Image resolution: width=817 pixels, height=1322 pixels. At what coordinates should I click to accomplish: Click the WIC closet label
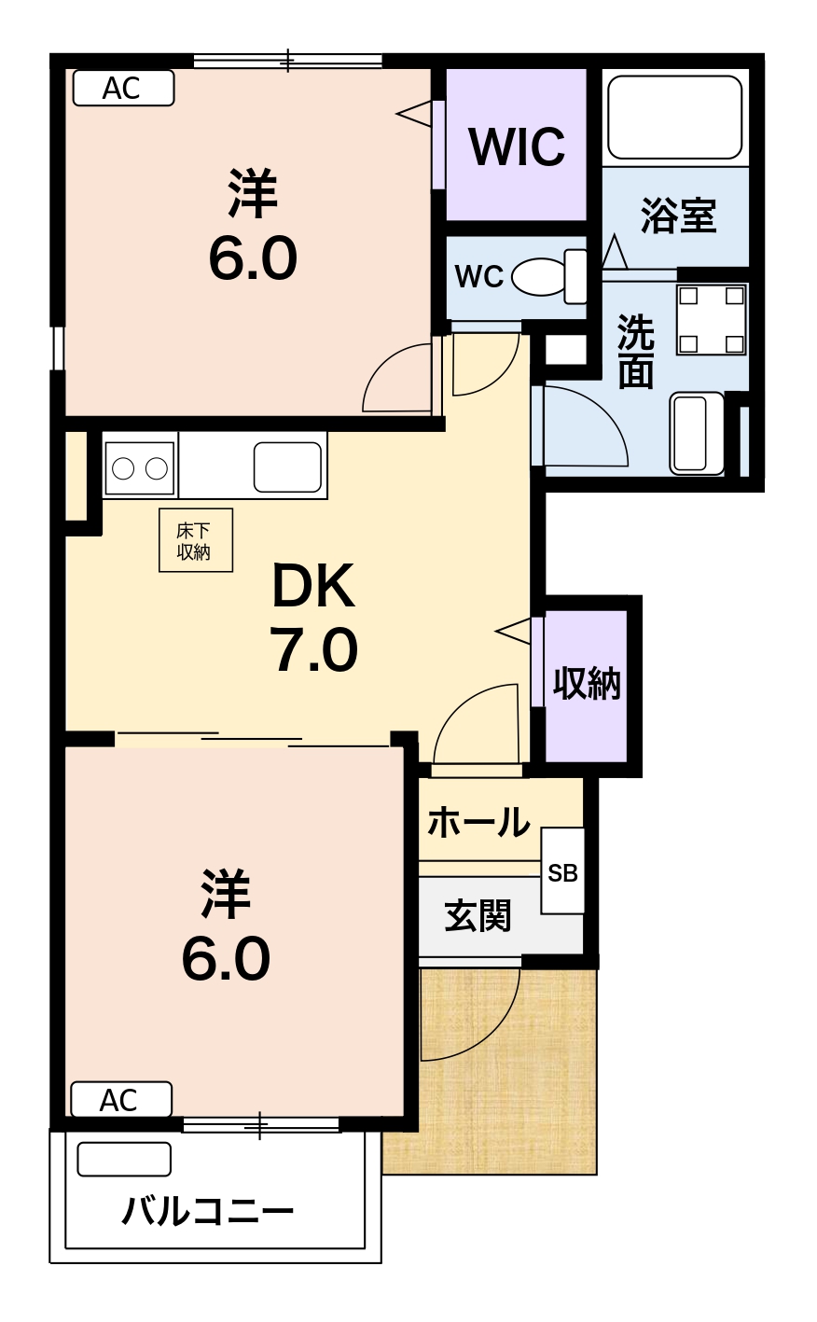tap(517, 147)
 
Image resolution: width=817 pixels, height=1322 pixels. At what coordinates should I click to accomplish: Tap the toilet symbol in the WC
tap(548, 276)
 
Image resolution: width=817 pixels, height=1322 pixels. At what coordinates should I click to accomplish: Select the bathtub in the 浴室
tap(674, 117)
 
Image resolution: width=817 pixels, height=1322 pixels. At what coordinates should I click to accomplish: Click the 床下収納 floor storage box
tap(196, 540)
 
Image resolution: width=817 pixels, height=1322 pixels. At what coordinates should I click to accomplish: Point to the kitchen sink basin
tap(288, 466)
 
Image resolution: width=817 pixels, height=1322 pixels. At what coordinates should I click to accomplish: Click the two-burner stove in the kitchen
tap(140, 468)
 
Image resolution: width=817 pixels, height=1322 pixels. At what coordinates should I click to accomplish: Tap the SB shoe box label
tap(562, 873)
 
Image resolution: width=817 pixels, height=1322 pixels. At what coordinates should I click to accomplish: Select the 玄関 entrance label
tap(478, 915)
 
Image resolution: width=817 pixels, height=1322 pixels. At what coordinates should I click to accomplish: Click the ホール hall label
tap(478, 822)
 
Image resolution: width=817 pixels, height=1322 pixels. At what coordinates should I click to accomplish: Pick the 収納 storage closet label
tap(587, 684)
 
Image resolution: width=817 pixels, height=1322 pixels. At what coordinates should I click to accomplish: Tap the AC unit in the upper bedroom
tap(123, 88)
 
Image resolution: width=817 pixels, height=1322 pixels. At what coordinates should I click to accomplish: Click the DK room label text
tap(313, 586)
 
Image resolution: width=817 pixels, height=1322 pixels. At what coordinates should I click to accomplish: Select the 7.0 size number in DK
tap(313, 649)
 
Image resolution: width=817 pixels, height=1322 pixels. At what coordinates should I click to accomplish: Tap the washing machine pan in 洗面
tap(712, 320)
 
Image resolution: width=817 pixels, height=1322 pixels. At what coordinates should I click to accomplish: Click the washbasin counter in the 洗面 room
tap(698, 433)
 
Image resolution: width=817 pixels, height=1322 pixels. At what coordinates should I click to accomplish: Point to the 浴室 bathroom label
tap(678, 216)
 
